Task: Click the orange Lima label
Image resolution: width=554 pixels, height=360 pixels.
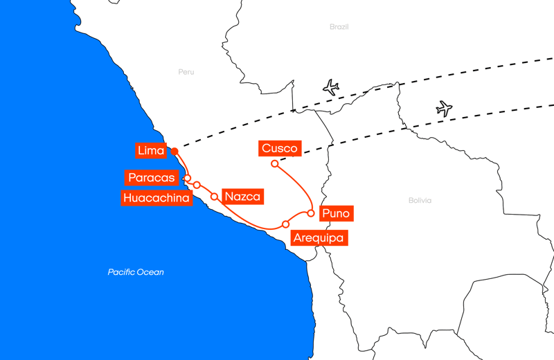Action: pos(151,151)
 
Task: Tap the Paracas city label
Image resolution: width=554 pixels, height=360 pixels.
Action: pos(152,178)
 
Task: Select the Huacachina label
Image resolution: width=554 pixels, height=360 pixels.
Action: pos(157,199)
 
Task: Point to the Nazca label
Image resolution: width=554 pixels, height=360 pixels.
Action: pos(242,197)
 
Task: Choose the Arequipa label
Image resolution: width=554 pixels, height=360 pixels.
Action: pos(318,238)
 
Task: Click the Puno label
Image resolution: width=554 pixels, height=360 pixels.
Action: pos(336,213)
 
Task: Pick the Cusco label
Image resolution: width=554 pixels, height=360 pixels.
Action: pos(280,148)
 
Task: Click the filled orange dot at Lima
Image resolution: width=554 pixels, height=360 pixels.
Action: pos(175,152)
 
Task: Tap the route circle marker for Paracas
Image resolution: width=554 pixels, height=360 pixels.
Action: pos(188,178)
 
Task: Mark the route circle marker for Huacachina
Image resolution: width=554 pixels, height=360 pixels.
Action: pos(197,185)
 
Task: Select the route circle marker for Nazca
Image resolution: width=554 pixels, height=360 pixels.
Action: pos(215,197)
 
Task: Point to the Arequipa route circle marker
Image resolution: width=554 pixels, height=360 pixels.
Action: pos(286,224)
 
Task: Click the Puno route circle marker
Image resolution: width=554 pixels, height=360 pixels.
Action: pos(311,213)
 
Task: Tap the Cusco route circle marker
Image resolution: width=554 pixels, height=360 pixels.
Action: pos(275,164)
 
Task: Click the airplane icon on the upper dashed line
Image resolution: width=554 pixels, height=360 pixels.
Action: pos(331,88)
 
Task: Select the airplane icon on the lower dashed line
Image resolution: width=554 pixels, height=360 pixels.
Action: pos(444,109)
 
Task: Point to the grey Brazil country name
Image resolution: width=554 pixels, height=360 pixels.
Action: pos(339,27)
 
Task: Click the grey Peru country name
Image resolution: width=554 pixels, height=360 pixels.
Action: pos(186,72)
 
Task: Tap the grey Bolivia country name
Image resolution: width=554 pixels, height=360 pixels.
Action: pos(420,201)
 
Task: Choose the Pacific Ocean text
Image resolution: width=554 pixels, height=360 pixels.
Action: pos(136,272)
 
